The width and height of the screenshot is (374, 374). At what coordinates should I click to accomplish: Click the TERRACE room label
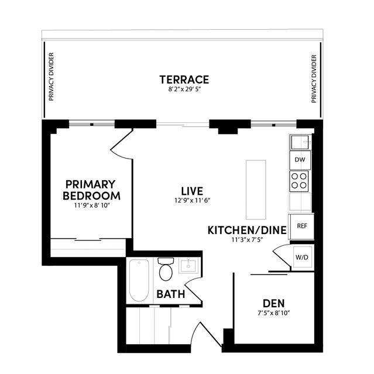(x=184, y=80)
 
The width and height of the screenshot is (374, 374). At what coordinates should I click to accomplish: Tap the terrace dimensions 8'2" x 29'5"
(x=185, y=90)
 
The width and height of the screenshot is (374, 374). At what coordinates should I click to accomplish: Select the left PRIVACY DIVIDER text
(x=52, y=77)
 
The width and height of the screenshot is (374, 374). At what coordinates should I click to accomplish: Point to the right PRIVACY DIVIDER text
(x=314, y=79)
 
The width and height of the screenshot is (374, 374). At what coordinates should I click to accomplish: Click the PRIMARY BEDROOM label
(x=91, y=190)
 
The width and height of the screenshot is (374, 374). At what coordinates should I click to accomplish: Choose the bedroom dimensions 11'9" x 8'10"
(x=92, y=205)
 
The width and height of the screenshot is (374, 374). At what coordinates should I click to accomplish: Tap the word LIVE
(x=192, y=191)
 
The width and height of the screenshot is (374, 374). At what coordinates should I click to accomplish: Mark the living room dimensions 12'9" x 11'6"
(x=192, y=200)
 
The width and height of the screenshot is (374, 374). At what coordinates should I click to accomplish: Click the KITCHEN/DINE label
(x=247, y=230)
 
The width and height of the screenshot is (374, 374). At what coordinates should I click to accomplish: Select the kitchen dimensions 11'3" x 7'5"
(x=247, y=239)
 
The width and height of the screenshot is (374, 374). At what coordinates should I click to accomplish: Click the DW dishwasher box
(x=300, y=160)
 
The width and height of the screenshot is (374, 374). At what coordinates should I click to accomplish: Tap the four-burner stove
(x=299, y=181)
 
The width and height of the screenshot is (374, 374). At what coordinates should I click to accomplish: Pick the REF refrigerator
(x=302, y=226)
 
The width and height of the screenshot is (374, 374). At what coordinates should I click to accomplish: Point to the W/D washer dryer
(x=302, y=258)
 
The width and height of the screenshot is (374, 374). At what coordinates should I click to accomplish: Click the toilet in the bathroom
(x=166, y=269)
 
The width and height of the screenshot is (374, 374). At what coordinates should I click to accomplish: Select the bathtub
(x=139, y=280)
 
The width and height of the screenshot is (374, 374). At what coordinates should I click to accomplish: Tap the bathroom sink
(x=188, y=266)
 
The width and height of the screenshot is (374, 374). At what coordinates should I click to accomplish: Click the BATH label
(x=171, y=294)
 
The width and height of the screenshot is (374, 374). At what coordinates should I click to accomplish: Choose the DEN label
(x=273, y=303)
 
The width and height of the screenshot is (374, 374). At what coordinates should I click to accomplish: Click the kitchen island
(x=256, y=190)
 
